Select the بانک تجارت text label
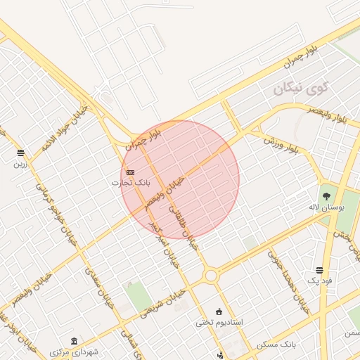pyautogui.click(x=127, y=183)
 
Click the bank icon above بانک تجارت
pyautogui.click(x=130, y=172)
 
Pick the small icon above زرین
pyautogui.click(x=20, y=153)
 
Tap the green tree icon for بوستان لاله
pyautogui.click(x=326, y=195)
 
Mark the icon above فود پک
pyautogui.click(x=320, y=270)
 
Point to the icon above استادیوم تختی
pyautogui.click(x=219, y=311)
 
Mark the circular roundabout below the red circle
pyautogui.click(x=211, y=275)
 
